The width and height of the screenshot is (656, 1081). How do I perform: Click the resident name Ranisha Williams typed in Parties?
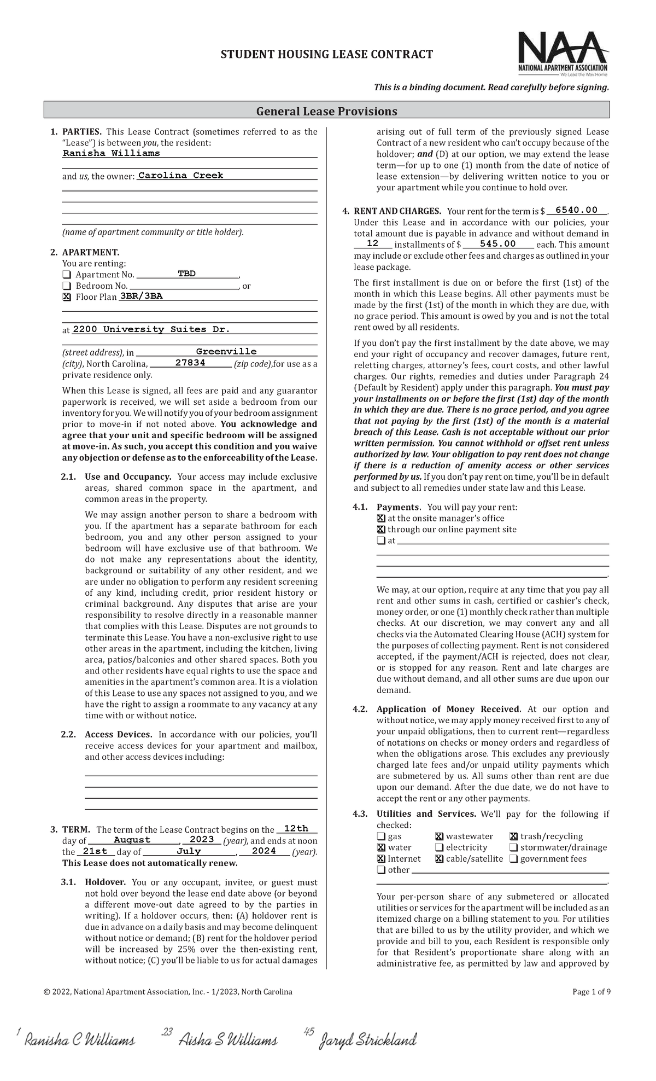click(x=112, y=153)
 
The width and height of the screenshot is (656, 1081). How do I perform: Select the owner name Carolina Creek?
click(x=181, y=176)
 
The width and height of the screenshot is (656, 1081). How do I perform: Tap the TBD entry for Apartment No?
click(x=186, y=274)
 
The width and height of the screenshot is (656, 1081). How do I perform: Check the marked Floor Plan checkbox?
click(x=67, y=297)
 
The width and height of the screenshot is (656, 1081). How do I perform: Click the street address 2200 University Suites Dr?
click(x=151, y=329)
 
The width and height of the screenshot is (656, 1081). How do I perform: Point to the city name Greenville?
click(x=226, y=351)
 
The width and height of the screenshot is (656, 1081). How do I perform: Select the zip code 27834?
click(x=190, y=363)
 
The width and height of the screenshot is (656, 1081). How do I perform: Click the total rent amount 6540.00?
click(x=576, y=210)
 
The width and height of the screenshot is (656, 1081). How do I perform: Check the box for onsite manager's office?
click(x=381, y=518)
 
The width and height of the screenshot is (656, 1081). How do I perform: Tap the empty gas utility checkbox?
click(x=380, y=836)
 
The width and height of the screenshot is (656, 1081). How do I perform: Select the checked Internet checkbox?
click(x=381, y=858)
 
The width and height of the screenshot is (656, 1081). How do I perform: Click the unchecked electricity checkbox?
click(x=439, y=847)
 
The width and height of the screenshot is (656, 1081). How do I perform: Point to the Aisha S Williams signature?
click(x=228, y=1039)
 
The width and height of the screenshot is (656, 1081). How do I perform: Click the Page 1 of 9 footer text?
click(x=591, y=991)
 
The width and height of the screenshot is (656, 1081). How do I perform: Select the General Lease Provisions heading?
click(x=327, y=111)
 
